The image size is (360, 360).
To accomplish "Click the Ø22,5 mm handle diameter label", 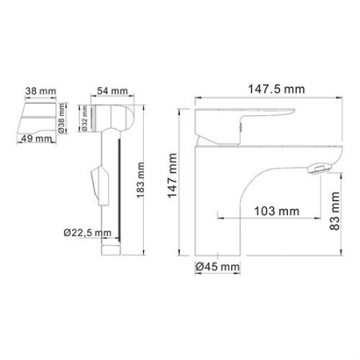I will pos(90,233).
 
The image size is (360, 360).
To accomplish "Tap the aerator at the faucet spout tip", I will pos(318,169).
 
